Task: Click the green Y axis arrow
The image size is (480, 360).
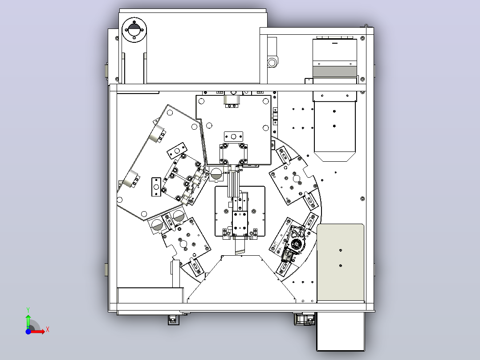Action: (x=28, y=321)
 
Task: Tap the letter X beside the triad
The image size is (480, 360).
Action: (x=48, y=330)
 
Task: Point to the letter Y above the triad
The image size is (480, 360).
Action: (x=28, y=310)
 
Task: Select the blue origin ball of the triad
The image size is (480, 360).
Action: (x=28, y=331)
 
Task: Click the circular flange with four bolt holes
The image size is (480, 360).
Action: (x=134, y=30)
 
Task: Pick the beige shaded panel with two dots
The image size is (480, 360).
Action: (x=340, y=262)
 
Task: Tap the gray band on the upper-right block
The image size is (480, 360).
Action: (x=334, y=72)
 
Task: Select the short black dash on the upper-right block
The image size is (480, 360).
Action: (x=334, y=43)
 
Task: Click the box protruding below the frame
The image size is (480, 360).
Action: (x=340, y=331)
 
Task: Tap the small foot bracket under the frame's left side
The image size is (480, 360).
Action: (x=174, y=319)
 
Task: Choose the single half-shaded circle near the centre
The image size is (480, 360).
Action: (x=216, y=174)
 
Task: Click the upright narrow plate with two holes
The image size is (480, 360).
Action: (x=156, y=187)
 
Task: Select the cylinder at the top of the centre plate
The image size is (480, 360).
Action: (x=232, y=100)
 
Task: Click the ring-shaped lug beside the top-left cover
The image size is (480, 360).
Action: (x=272, y=62)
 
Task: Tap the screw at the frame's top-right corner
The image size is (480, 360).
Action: (x=366, y=26)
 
